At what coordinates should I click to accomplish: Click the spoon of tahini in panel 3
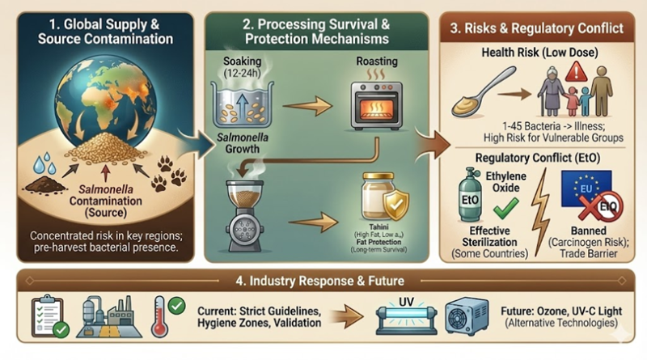point(484,94)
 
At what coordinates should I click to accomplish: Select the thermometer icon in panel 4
point(161,311)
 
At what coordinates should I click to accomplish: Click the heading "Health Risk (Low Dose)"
point(541,52)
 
